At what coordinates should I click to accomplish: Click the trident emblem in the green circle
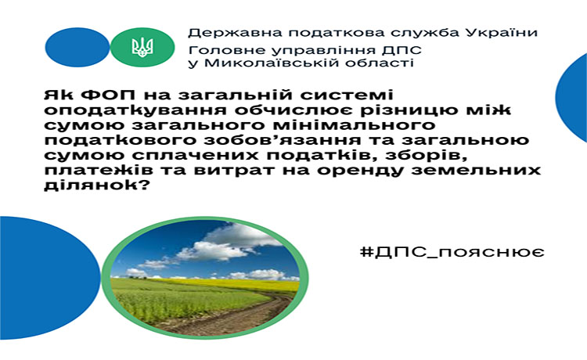pyautogui.click(x=142, y=47)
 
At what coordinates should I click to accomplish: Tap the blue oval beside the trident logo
pyautogui.click(x=77, y=47)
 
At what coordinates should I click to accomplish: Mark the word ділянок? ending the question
pyautogui.click(x=95, y=185)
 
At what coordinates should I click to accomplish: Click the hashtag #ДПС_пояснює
pyautogui.click(x=452, y=252)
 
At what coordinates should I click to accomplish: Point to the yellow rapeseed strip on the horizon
pyautogui.click(x=232, y=284)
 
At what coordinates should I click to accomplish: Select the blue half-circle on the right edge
pyautogui.click(x=571, y=98)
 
